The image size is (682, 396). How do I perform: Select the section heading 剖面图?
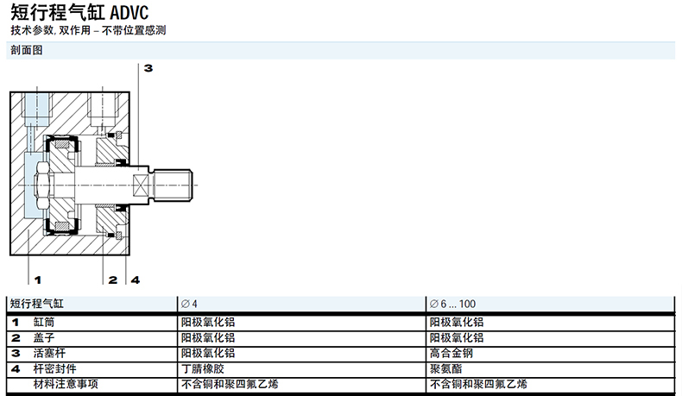pos(27,50)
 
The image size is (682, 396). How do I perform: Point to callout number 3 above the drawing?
pos(148,68)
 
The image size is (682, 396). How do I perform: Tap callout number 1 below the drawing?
pos(37,280)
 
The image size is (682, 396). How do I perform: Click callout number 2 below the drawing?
pos(113,280)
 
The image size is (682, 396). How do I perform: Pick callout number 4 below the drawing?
pos(135,280)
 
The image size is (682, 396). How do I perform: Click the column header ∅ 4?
pos(189,304)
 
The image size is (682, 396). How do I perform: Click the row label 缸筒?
pos(44,322)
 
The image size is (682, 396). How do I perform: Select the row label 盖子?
pos(44,337)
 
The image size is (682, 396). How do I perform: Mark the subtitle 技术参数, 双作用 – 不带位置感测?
pos(87,30)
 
